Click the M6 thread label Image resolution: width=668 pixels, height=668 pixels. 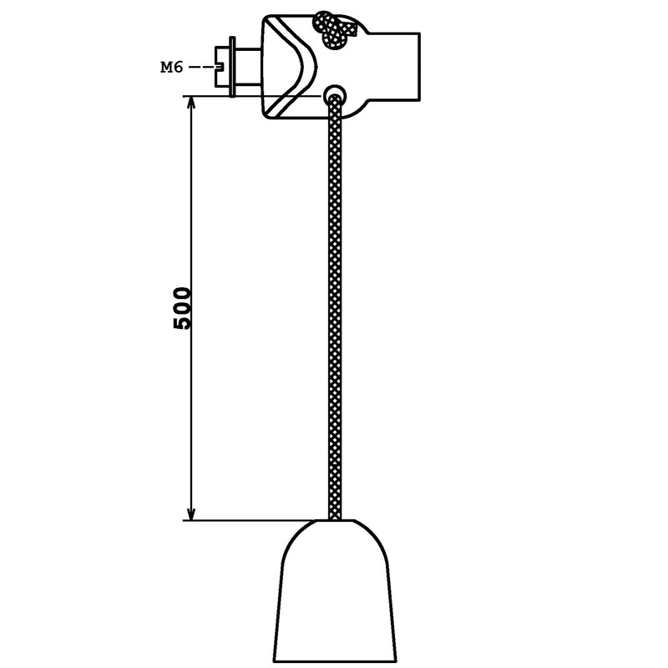172,68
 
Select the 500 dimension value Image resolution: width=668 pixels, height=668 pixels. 182,308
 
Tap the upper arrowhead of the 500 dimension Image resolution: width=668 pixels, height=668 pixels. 192,103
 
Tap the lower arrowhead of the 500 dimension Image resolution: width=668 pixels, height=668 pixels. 192,514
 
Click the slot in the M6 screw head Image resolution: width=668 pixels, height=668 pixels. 220,68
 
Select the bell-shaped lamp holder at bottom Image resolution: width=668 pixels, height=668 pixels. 335,591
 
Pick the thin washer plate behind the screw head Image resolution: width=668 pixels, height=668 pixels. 232,67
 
